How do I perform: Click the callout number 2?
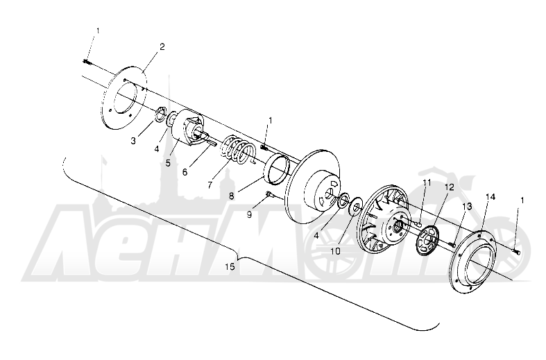[162, 46]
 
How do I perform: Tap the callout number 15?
[230, 266]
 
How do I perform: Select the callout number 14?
[490, 197]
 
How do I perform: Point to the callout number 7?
[210, 185]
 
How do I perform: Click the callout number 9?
[249, 215]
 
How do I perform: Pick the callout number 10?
[335, 251]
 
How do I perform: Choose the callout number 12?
[449, 187]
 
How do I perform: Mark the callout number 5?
[168, 162]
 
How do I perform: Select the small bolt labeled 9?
[269, 194]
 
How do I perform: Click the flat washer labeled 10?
[355, 207]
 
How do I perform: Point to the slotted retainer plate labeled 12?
[427, 240]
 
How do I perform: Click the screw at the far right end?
[515, 250]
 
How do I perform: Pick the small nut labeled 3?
[160, 114]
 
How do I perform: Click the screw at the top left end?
[87, 62]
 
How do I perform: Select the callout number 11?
[427, 183]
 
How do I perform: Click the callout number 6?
[185, 172]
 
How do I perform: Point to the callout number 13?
[467, 207]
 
